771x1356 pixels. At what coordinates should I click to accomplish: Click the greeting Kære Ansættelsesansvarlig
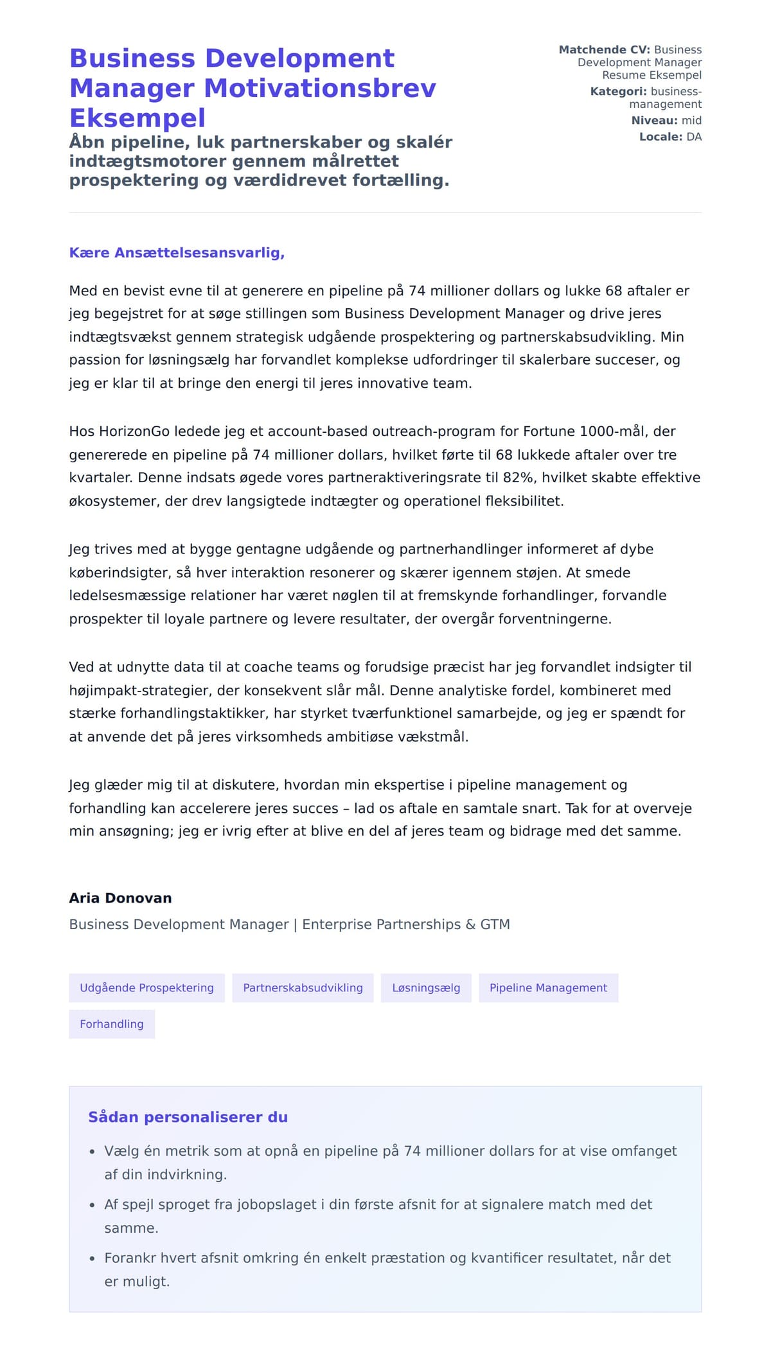coord(177,253)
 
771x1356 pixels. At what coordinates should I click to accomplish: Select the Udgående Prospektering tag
coord(146,987)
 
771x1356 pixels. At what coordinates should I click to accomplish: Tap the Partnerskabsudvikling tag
coord(303,987)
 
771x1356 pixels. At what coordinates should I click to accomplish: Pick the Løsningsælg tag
coord(426,987)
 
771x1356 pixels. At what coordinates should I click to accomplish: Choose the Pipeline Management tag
coord(548,987)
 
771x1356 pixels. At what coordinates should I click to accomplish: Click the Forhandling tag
coord(112,1024)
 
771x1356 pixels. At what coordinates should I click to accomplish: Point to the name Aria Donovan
coord(120,898)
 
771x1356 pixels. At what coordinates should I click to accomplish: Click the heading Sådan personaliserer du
coord(188,1117)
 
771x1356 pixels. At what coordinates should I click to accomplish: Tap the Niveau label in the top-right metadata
coord(654,121)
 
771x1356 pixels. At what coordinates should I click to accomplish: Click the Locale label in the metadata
coord(660,137)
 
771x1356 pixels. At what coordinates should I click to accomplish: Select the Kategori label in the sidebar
coord(618,92)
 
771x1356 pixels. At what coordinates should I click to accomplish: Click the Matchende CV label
coord(604,50)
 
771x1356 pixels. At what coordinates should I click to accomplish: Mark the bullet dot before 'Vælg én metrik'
coord(92,1152)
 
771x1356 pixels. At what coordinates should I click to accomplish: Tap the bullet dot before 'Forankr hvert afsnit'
coord(92,1259)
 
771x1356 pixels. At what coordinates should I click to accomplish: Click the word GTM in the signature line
coord(495,925)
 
